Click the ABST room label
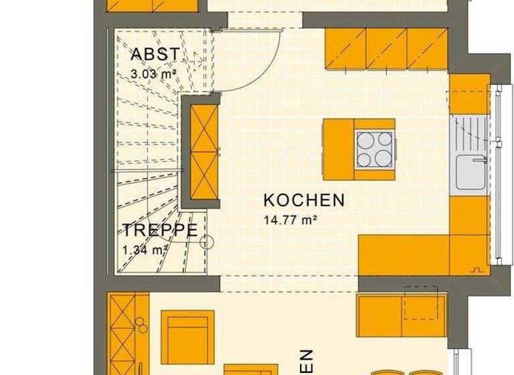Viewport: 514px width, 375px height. click(155, 54)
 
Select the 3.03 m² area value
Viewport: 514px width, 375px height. click(153, 74)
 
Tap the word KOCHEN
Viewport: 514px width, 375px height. click(304, 200)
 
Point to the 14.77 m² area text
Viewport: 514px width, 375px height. click(289, 218)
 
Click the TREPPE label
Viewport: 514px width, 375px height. click(160, 231)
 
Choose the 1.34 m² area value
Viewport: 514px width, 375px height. click(144, 250)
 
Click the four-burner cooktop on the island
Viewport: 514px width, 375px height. click(374, 149)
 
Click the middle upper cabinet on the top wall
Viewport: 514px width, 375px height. click(386, 50)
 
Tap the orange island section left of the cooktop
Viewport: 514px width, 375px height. click(339, 149)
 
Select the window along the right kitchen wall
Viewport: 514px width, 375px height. click(497, 174)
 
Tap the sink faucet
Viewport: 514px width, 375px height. click(479, 159)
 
